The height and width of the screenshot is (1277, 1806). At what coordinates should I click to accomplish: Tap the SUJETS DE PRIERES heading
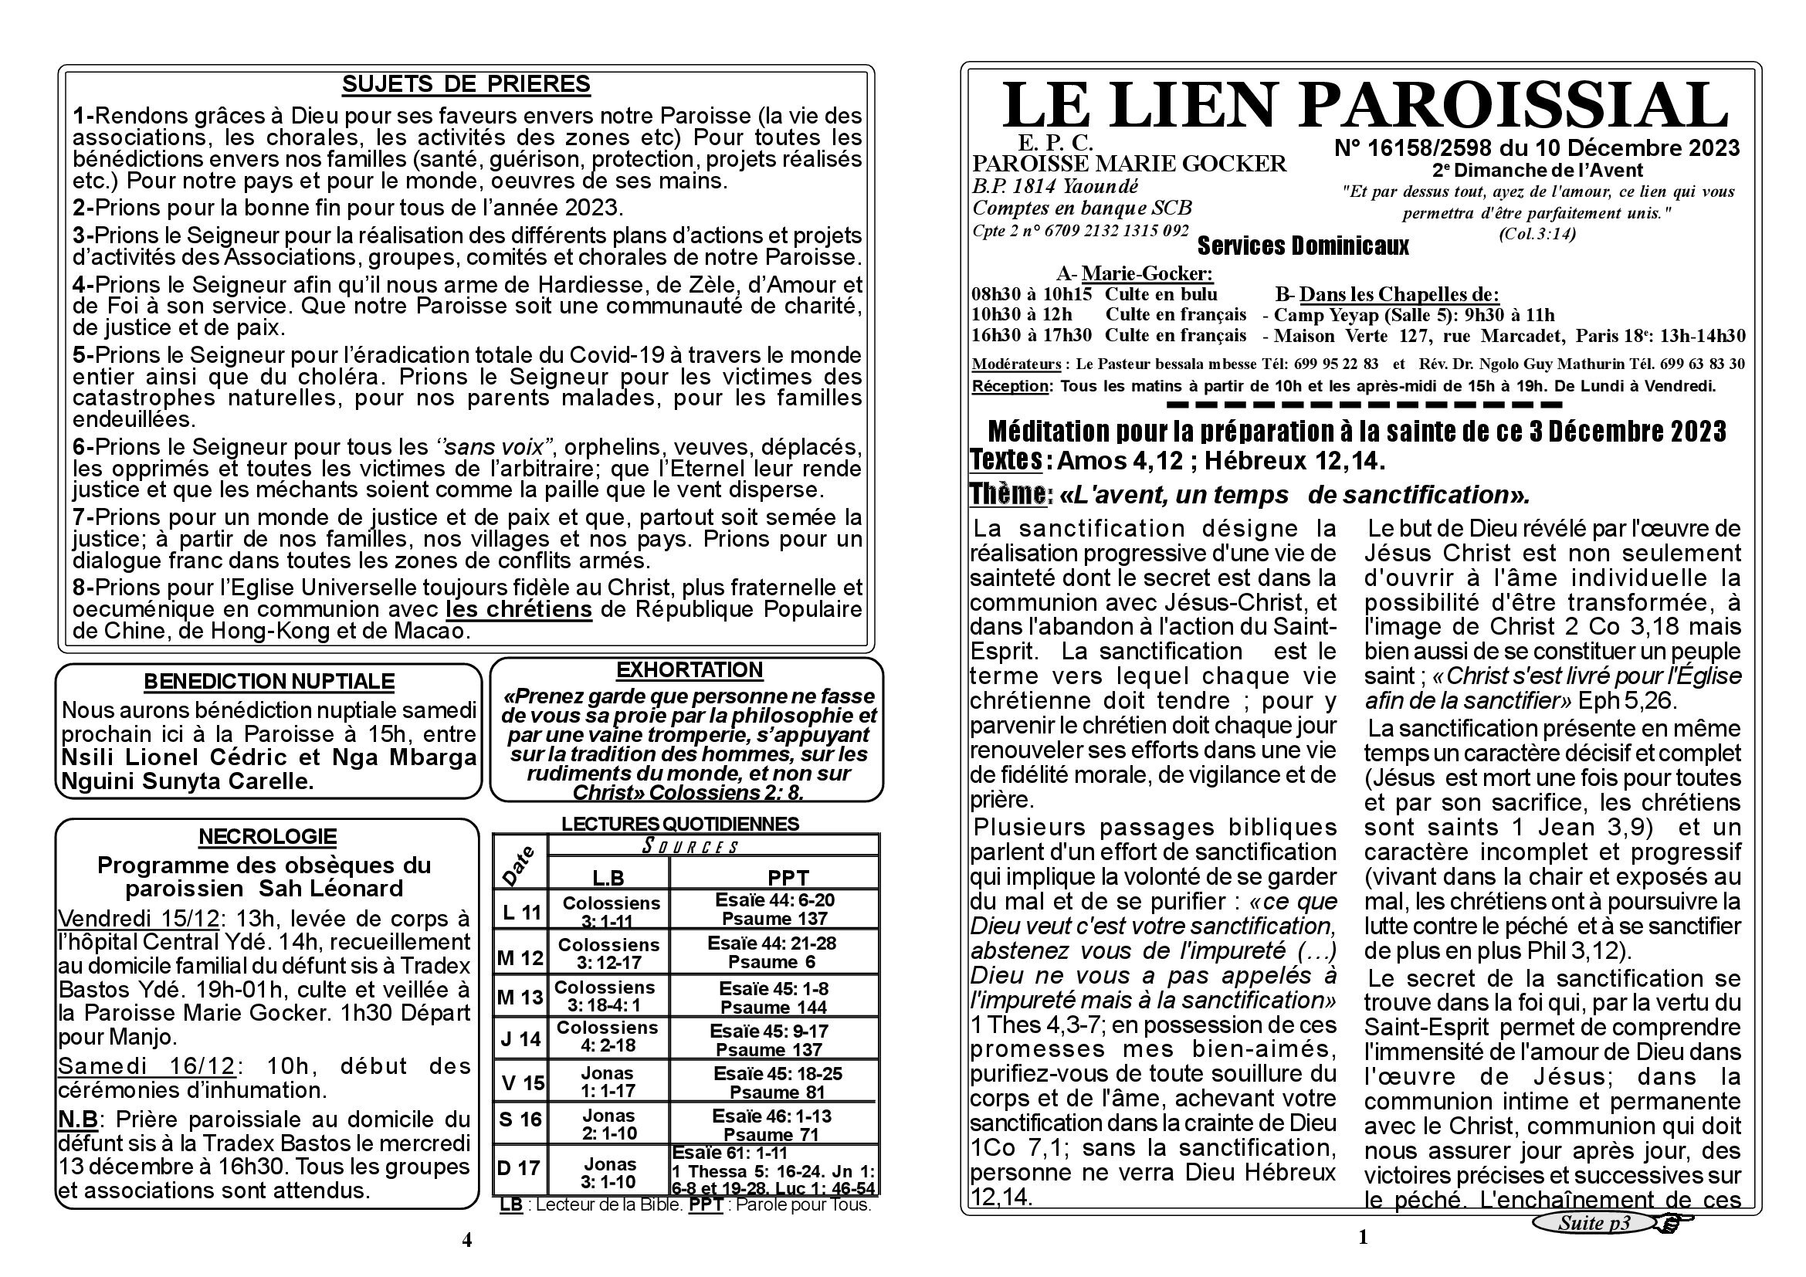pyautogui.click(x=466, y=84)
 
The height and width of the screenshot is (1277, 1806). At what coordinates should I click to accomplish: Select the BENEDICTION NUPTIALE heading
pyautogui.click(x=269, y=681)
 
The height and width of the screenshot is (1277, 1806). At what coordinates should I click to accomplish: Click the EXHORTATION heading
pyautogui.click(x=689, y=670)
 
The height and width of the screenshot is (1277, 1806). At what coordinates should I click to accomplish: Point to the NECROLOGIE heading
pyautogui.click(x=267, y=836)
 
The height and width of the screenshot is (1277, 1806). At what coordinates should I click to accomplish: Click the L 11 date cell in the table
pyautogui.click(x=520, y=912)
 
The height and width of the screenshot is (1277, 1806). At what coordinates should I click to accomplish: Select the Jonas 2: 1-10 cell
pyautogui.click(x=608, y=1123)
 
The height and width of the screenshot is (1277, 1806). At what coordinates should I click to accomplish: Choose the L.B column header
pyautogui.click(x=608, y=878)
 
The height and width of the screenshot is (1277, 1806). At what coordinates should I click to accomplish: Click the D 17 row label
pyautogui.click(x=519, y=1167)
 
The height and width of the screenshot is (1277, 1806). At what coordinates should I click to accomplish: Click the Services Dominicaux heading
pyautogui.click(x=1303, y=247)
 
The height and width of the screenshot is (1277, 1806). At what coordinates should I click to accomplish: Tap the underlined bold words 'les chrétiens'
pyautogui.click(x=518, y=609)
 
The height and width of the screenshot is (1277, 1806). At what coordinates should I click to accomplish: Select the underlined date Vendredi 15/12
pyautogui.click(x=138, y=920)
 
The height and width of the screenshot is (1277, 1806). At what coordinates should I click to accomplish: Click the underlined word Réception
pyautogui.click(x=1010, y=386)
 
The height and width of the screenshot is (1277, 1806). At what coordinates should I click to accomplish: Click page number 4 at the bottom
pyautogui.click(x=466, y=1240)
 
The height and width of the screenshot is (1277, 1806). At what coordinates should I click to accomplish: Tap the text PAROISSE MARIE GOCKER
pyautogui.click(x=1129, y=164)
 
